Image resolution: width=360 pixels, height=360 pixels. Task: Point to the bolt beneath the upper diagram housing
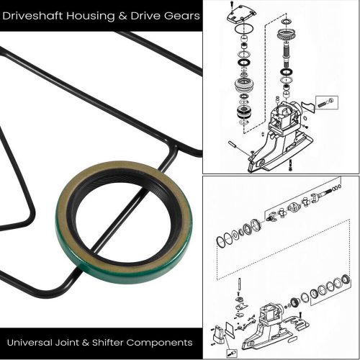pos(289,165)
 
